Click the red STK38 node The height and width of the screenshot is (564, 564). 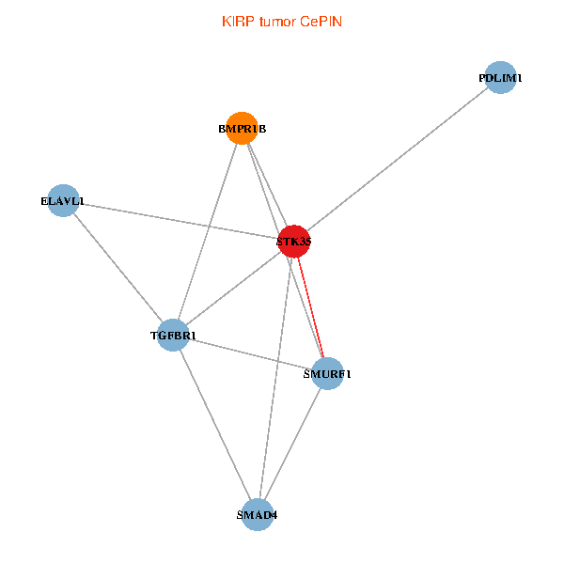click(293, 242)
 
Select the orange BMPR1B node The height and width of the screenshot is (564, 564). click(242, 129)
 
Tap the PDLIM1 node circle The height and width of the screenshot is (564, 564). click(501, 78)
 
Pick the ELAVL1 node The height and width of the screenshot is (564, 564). click(63, 200)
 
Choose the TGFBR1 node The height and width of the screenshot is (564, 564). click(173, 336)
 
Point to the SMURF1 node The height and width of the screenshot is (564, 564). click(327, 373)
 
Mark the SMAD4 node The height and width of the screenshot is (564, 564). click(257, 515)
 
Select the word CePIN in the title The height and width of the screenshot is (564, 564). click(321, 22)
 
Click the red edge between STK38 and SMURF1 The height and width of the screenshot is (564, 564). click(310, 307)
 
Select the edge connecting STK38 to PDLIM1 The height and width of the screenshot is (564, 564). click(397, 160)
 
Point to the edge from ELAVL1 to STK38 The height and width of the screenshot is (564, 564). click(179, 221)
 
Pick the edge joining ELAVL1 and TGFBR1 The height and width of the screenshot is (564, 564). click(117, 268)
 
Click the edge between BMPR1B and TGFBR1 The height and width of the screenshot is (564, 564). click(207, 232)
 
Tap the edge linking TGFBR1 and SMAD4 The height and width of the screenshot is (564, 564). click(214, 425)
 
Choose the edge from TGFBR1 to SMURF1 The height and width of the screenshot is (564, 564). click(250, 354)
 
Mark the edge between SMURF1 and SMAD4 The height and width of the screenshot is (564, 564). click(291, 445)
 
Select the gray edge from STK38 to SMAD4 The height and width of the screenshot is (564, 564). click(274, 378)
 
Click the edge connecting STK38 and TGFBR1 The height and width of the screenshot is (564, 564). click(233, 289)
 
